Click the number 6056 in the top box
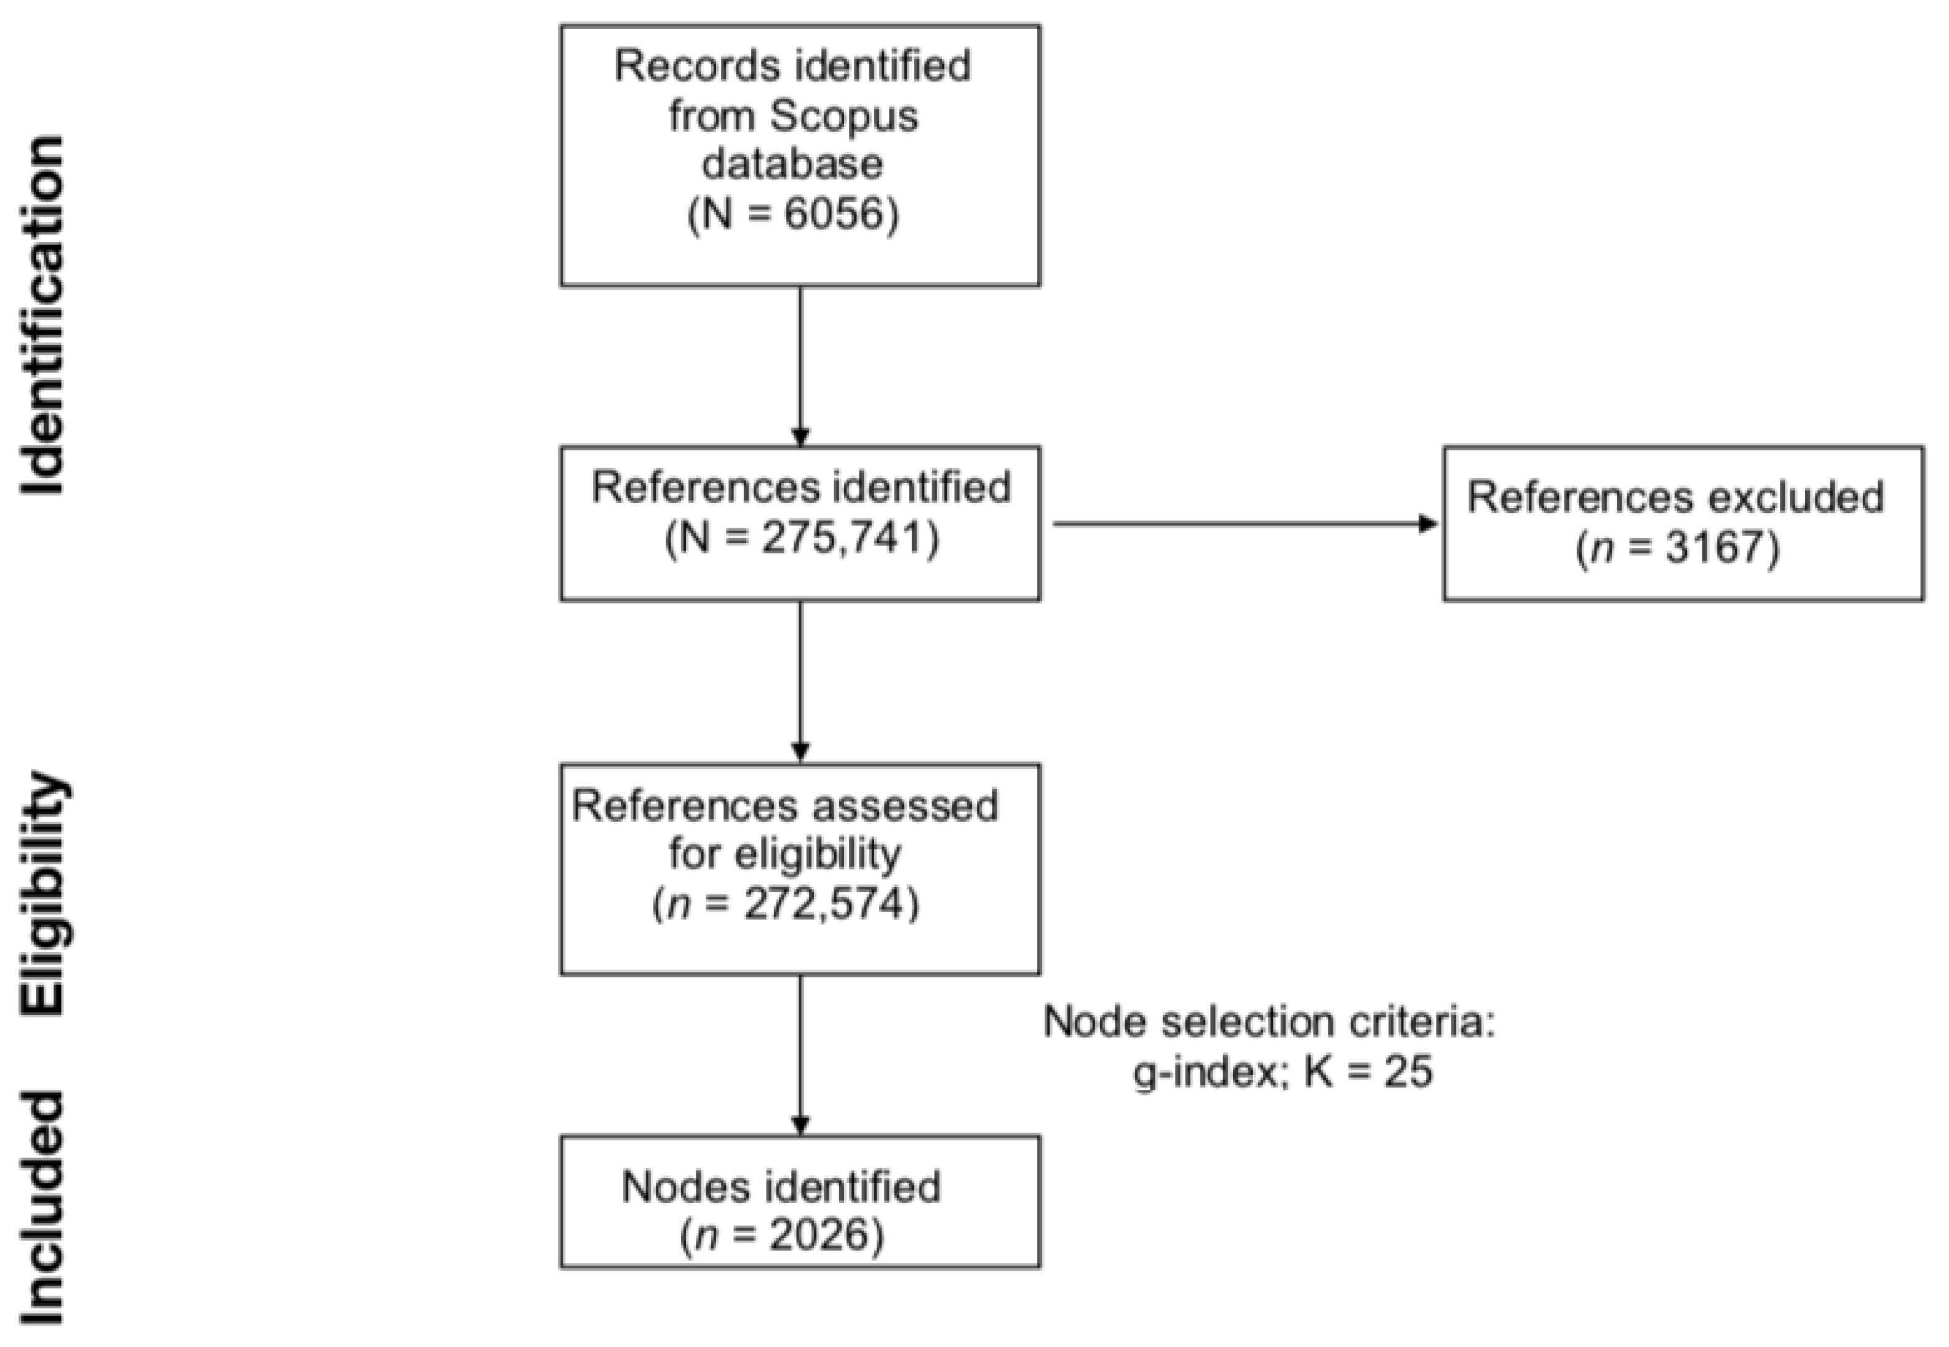click(x=831, y=215)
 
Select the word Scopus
click(x=843, y=116)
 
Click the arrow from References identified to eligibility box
click(x=800, y=680)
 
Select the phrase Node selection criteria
click(x=1269, y=1022)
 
